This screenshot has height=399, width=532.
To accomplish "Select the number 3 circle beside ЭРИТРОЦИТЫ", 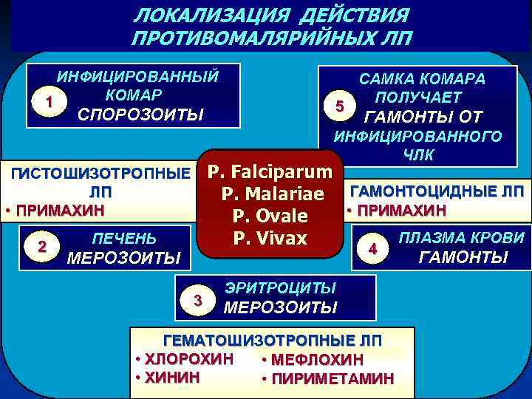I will tap(197, 299).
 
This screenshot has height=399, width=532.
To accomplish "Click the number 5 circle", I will tap(339, 107).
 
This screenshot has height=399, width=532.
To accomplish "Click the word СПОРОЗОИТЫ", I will tap(141, 115).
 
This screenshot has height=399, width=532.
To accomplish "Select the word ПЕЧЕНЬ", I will tap(123, 239).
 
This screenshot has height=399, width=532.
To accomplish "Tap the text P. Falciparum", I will tap(270, 173).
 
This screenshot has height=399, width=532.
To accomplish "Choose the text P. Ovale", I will tap(270, 216).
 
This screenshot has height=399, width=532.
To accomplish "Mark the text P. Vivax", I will tap(270, 239).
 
